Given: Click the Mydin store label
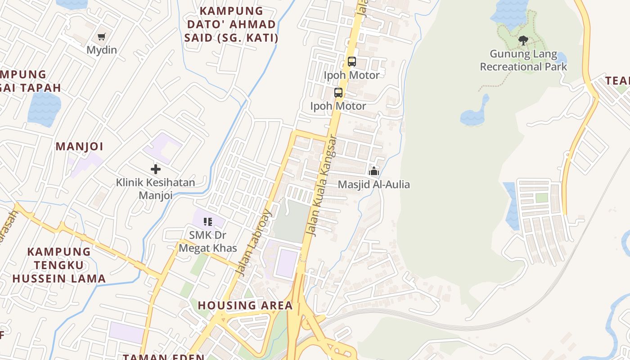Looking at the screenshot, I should pyautogui.click(x=102, y=50).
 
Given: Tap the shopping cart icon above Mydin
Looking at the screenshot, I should pyautogui.click(x=102, y=37).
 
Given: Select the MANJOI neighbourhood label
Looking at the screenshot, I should pyautogui.click(x=79, y=146).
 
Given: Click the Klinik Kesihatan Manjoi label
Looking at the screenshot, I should pyautogui.click(x=156, y=189).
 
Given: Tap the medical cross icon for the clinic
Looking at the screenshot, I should pyautogui.click(x=156, y=169).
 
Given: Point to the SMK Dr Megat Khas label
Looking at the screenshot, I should pyautogui.click(x=207, y=241).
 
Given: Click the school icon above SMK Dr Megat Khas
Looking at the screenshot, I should pyautogui.click(x=207, y=221).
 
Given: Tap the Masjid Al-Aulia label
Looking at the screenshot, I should pyautogui.click(x=373, y=184).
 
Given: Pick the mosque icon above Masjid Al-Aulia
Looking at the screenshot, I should pyautogui.click(x=373, y=171).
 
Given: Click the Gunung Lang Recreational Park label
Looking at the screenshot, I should pyautogui.click(x=523, y=60).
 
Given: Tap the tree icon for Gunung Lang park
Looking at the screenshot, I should pyautogui.click(x=523, y=40).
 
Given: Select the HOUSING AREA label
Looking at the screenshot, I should pyautogui.click(x=245, y=306).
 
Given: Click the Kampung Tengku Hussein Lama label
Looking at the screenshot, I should pyautogui.click(x=59, y=265).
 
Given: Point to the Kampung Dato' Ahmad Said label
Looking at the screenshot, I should pyautogui.click(x=231, y=24).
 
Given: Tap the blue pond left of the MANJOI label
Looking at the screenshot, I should pyautogui.click(x=44, y=108).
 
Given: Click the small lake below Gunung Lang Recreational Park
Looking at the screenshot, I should pyautogui.click(x=474, y=116).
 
